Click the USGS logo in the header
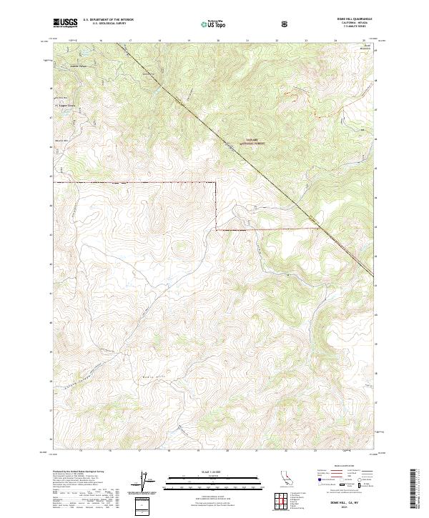(x=65, y=23)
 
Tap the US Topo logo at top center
(x=214, y=24)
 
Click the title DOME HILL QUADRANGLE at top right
(x=352, y=19)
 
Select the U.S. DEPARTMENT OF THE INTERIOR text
(x=109, y=21)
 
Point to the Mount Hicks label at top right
(x=365, y=47)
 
